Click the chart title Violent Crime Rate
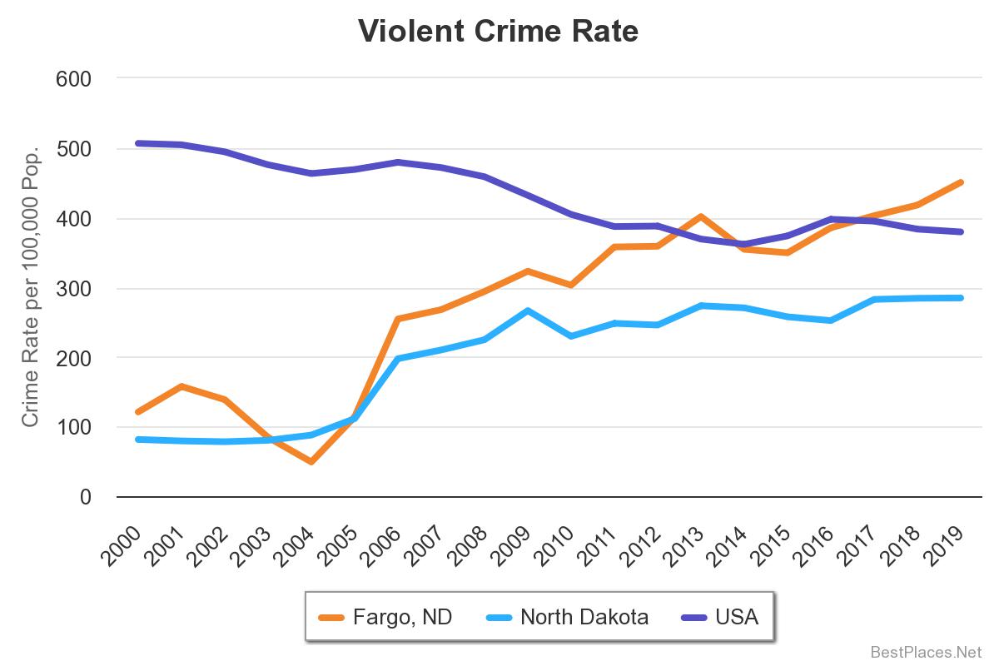[x=499, y=31]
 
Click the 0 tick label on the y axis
[x=85, y=497]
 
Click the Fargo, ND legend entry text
[x=402, y=617]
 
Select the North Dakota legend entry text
[x=584, y=617]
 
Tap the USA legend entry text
[x=737, y=617]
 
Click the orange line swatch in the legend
[x=332, y=617]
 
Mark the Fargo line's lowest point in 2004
[x=311, y=461]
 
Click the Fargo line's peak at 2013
[x=701, y=216]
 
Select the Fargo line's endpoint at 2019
[x=962, y=181]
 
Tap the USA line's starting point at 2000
[x=137, y=143]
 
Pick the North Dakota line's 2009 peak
[x=528, y=311]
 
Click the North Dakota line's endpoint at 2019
[x=962, y=297]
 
